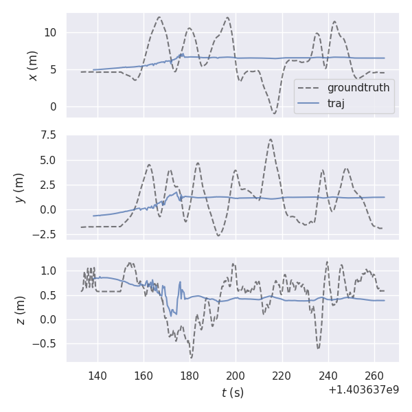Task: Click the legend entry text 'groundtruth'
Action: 358,88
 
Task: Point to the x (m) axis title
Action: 32,65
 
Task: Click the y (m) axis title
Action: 20,187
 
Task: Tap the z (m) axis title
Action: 20,310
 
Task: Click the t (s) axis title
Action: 232,393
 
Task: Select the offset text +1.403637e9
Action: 363,390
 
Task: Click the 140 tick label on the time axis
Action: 98,376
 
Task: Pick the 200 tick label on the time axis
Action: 236,376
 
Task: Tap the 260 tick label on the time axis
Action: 374,376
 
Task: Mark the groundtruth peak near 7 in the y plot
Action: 271,139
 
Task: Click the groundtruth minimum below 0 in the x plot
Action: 274,113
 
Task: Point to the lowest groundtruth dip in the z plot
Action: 192,357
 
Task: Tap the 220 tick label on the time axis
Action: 282,376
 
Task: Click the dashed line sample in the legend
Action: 310,88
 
